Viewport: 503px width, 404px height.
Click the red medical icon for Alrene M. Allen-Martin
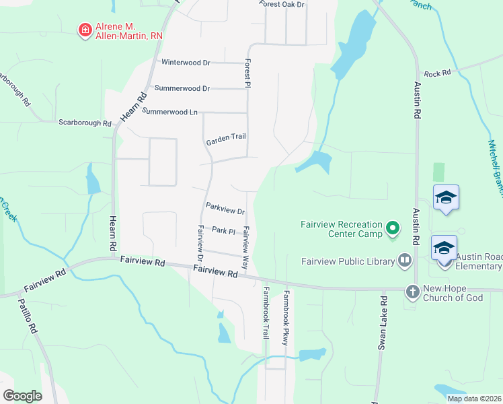tap(85, 30)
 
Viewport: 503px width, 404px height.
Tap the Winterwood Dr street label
tap(186, 63)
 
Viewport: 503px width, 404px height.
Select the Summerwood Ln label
tap(170, 112)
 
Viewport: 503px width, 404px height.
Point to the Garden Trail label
tap(226, 137)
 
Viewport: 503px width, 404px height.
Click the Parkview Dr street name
tap(225, 211)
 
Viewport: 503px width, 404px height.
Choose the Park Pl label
tap(223, 231)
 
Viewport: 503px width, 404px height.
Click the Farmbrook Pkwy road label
tap(286, 318)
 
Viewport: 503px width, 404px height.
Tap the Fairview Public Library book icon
tap(405, 260)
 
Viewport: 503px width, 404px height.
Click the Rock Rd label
tap(437, 73)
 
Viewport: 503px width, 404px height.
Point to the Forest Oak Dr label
tap(282, 5)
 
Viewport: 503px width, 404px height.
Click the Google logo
tap(22, 396)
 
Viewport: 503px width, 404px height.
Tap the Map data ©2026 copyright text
tap(474, 399)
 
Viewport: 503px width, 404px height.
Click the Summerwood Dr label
tap(182, 88)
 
